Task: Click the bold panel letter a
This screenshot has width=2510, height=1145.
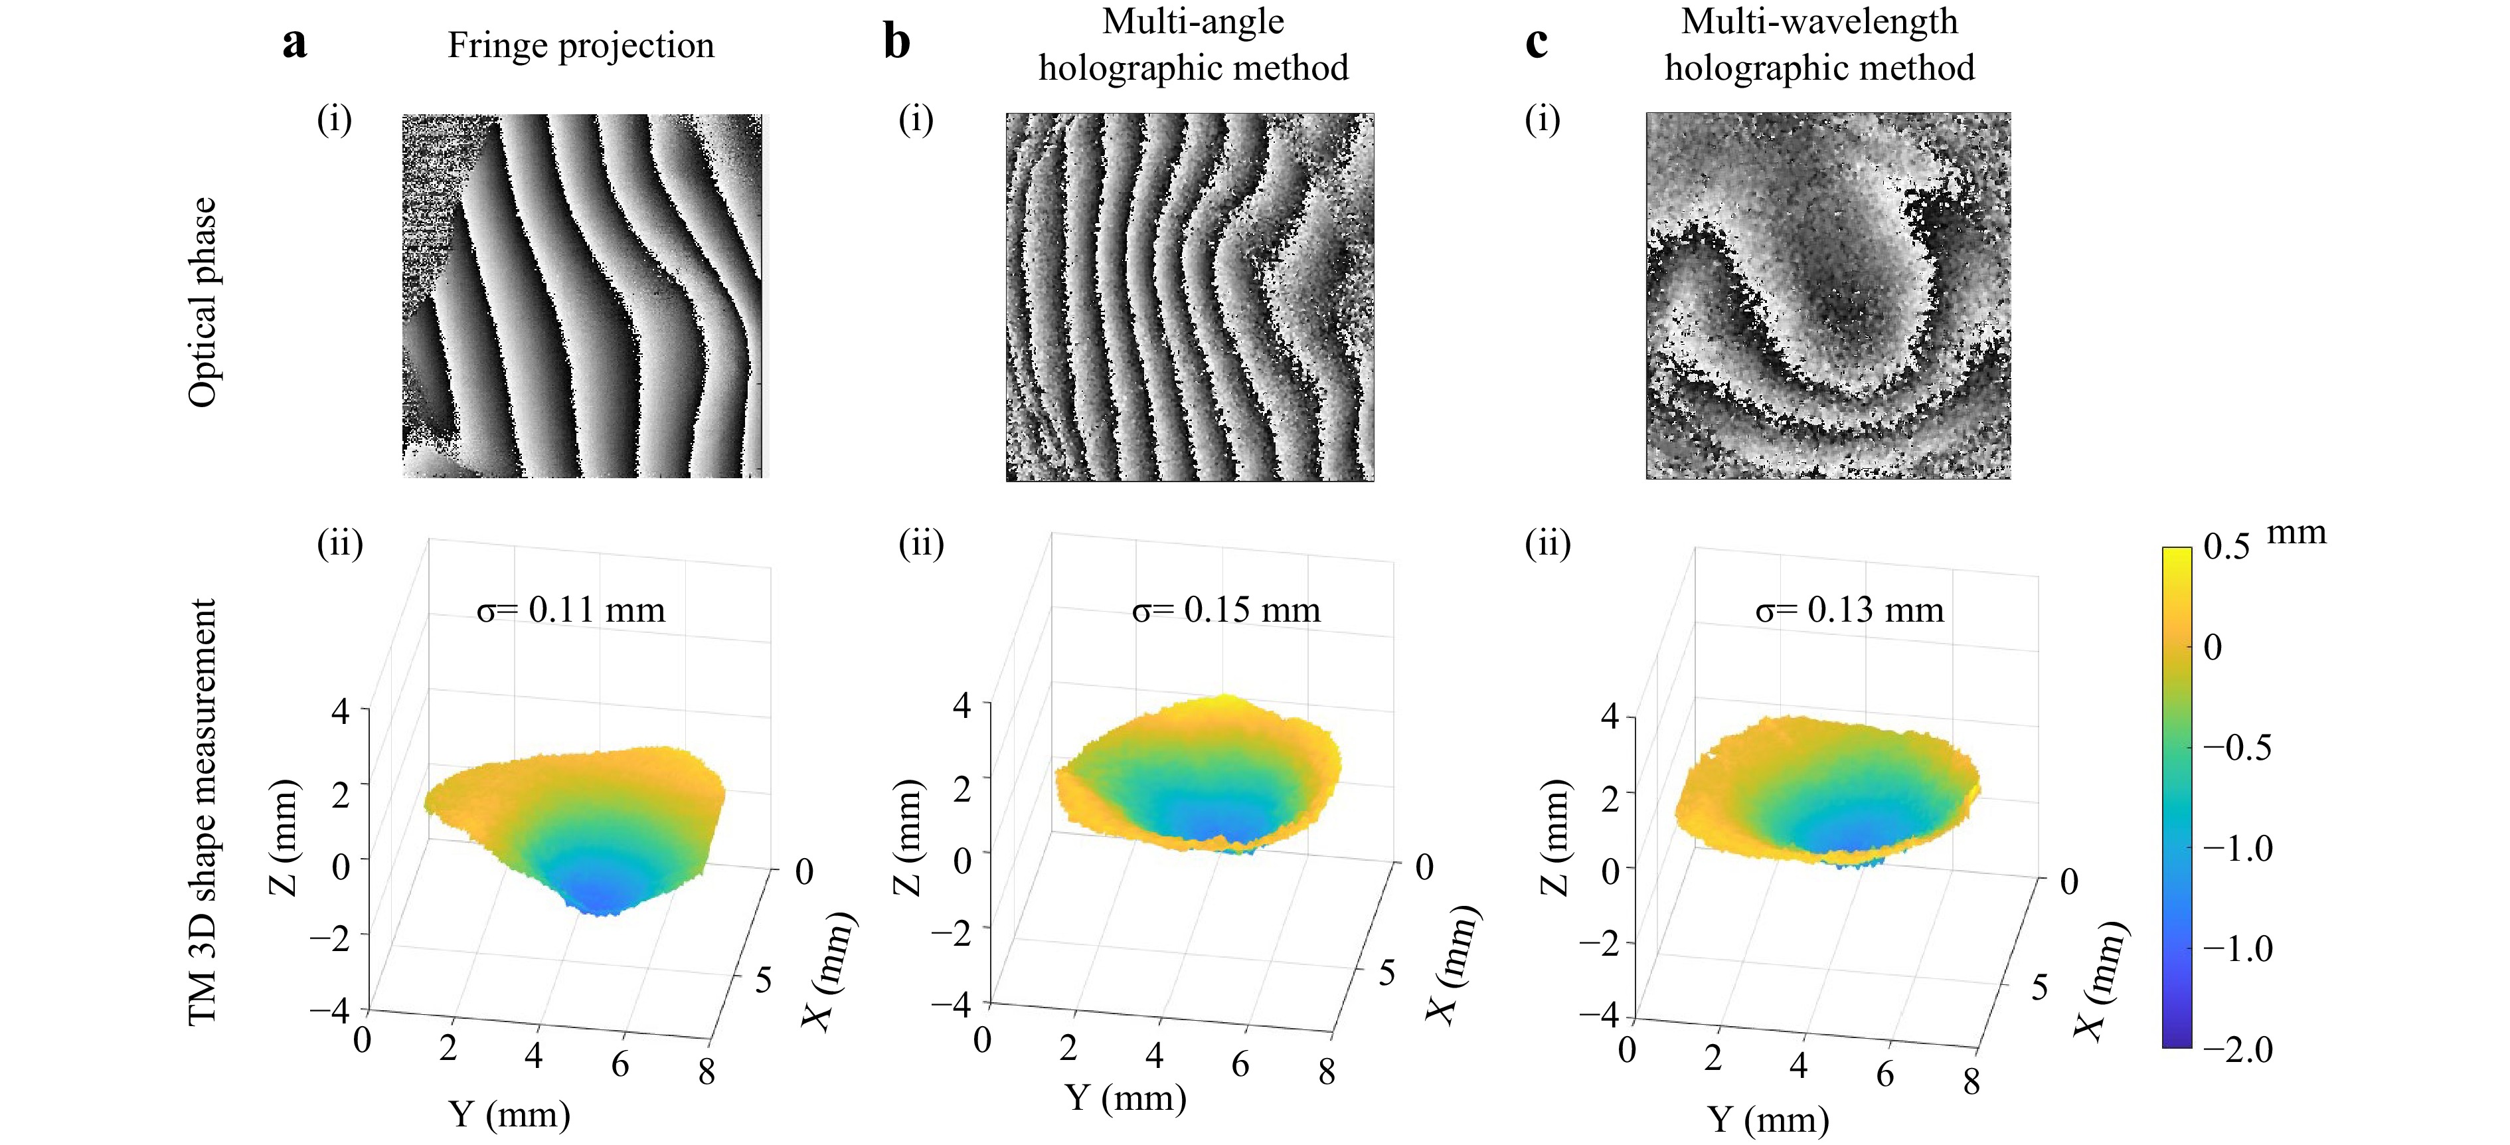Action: point(294,44)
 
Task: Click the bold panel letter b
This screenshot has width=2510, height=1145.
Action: point(896,43)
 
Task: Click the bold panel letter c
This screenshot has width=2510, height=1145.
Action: point(1536,43)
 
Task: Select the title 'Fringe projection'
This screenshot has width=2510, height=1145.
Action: point(581,46)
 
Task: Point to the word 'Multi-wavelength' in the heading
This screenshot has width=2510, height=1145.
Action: point(1819,21)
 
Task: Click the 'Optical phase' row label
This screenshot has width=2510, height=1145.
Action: point(202,302)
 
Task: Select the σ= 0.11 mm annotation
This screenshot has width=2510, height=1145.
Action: point(571,610)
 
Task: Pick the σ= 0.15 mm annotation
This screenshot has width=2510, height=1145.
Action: point(1226,610)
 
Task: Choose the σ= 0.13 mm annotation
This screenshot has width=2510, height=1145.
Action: point(1849,610)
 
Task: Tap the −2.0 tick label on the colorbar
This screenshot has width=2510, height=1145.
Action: point(2238,1049)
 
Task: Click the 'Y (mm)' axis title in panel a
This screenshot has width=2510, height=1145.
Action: point(509,1114)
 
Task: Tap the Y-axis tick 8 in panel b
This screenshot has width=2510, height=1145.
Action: point(1326,1072)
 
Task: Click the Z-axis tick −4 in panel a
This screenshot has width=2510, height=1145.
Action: point(330,1011)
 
